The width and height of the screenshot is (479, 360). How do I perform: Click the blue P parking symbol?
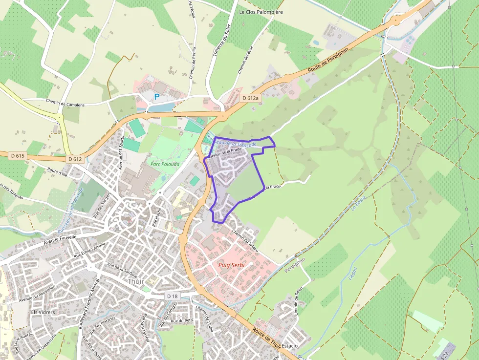tap(157, 97)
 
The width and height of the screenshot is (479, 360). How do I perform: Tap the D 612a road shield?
tap(250, 98)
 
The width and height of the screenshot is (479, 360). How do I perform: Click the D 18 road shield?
tap(172, 296)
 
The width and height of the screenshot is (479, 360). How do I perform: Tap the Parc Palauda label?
tap(166, 164)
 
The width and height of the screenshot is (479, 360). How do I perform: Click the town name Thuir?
tap(136, 281)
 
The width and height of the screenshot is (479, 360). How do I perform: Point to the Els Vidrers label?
tap(41, 312)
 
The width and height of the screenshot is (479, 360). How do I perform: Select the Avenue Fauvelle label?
tap(60, 239)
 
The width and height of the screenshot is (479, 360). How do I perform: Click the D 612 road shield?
tap(75, 159)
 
